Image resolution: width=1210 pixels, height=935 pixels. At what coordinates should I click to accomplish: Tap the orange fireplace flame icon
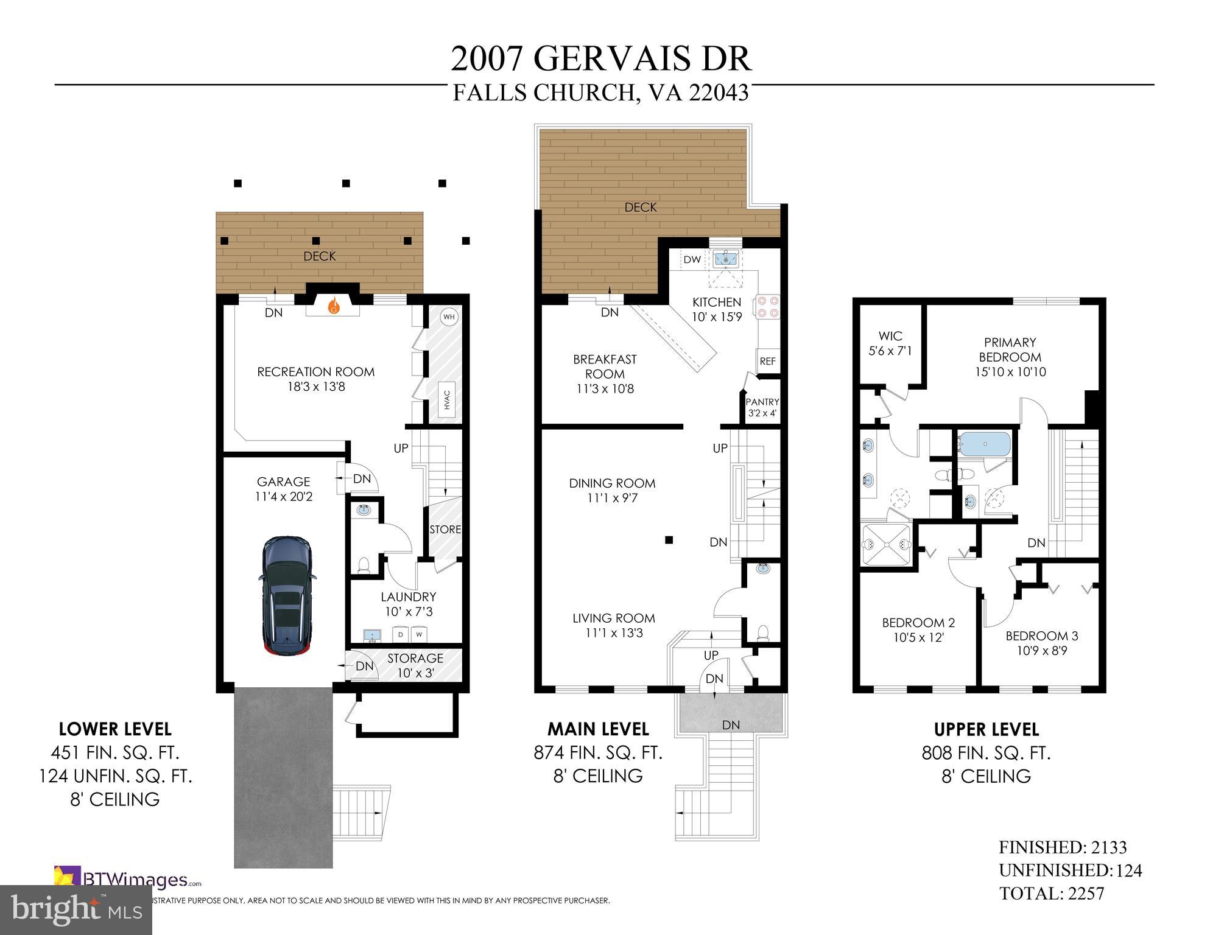pos(333,306)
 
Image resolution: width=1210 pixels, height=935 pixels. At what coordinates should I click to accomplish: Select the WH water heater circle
pos(449,317)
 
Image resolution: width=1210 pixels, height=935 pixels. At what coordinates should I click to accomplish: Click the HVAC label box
pos(448,399)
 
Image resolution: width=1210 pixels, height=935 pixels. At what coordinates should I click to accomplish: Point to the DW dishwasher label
pos(692,260)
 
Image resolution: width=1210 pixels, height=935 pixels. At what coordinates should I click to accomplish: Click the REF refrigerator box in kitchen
pos(767,361)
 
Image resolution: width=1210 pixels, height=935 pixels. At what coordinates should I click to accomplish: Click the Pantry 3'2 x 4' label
pos(762,407)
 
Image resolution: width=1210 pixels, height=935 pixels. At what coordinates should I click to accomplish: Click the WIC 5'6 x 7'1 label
pos(890,343)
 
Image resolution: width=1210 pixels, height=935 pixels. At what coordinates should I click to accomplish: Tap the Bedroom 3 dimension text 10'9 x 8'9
pos(1041,651)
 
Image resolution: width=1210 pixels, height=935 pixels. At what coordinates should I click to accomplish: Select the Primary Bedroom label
pos(1010,350)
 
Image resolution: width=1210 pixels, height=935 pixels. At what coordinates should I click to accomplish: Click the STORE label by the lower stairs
pos(445,530)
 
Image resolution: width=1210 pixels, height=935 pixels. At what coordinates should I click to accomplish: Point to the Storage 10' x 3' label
pos(415,665)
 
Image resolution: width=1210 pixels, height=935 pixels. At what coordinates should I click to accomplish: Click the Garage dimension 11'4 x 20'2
pos(283,497)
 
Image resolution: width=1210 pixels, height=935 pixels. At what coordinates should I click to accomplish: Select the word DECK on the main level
pos(641,208)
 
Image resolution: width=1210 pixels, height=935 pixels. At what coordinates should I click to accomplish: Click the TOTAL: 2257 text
pos(1052,894)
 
